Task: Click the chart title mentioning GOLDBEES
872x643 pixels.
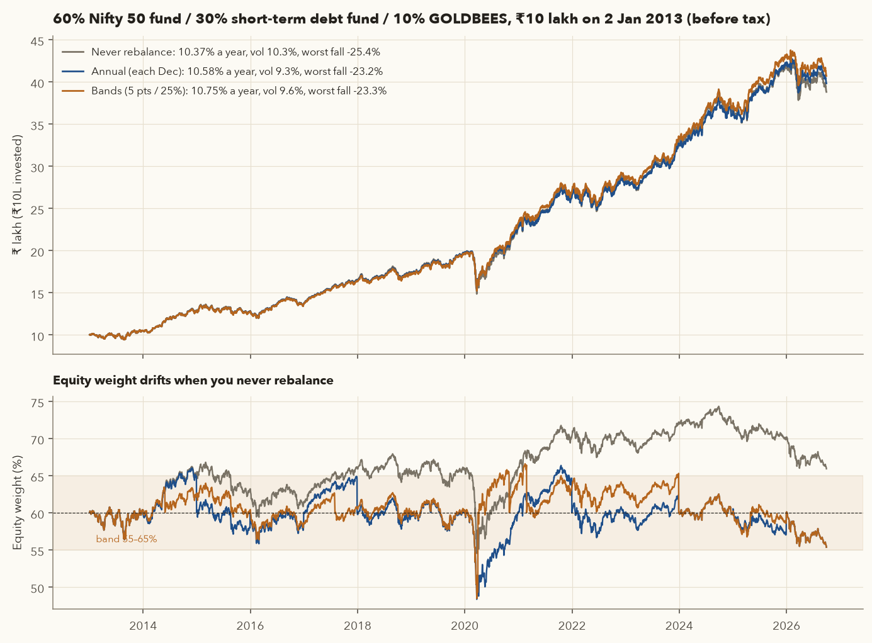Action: [411, 18]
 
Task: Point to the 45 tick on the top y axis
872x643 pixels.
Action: [37, 41]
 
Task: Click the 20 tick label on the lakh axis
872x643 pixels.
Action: [37, 252]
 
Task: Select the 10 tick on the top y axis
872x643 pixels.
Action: [37, 337]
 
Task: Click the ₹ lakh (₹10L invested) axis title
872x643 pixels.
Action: [17, 195]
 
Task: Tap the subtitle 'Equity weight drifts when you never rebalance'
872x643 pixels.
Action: [193, 381]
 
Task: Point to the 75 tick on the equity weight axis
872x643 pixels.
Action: [37, 403]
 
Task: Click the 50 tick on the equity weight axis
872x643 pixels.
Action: [37, 589]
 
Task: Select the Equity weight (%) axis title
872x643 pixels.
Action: [17, 503]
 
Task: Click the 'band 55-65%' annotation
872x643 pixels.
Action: [126, 539]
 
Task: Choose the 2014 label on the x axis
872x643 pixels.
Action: [143, 626]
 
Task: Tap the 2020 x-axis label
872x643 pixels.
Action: [465, 626]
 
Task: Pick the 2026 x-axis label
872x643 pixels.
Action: [786, 626]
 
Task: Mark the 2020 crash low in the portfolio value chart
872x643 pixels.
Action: [477, 293]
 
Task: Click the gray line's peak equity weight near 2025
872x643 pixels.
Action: [718, 407]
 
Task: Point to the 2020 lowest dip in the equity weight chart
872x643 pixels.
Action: [477, 598]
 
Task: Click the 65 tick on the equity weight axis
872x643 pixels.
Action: [37, 477]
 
